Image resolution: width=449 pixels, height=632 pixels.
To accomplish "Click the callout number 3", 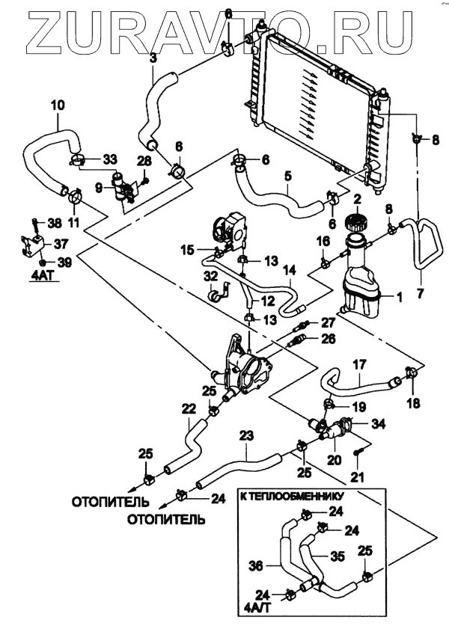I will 153,58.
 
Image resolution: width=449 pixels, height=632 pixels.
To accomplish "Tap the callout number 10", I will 58,105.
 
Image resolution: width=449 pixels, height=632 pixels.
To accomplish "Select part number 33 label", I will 110,159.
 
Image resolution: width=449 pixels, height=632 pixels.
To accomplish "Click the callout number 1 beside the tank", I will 399,297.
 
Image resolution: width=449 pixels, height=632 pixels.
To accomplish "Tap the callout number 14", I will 290,269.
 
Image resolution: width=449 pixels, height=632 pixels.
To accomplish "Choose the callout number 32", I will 209,276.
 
